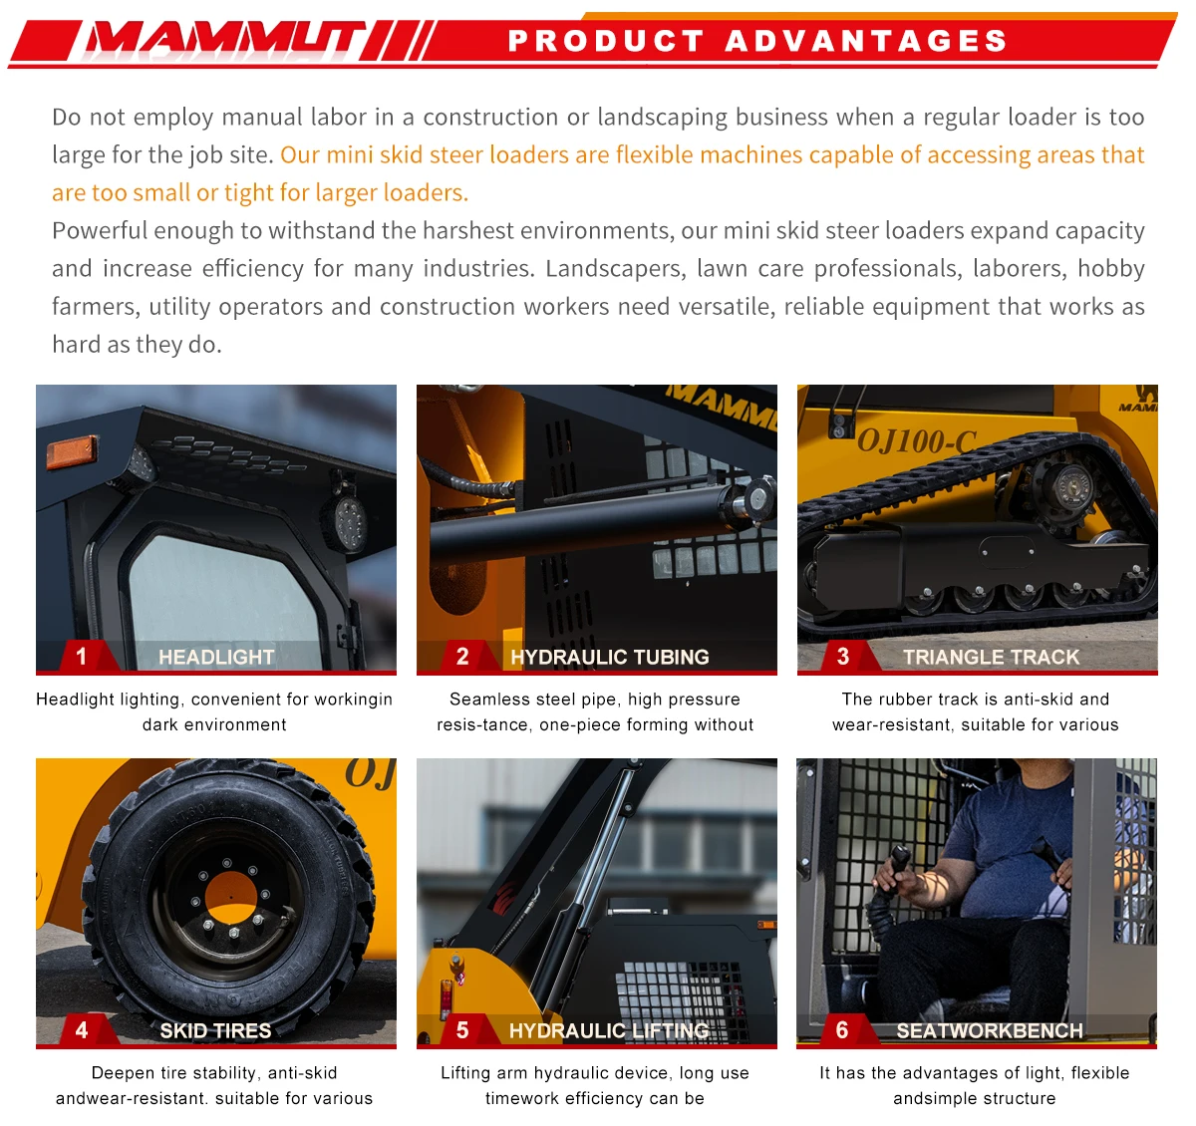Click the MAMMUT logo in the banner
pyautogui.click(x=224, y=40)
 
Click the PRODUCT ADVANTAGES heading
pyautogui.click(x=757, y=41)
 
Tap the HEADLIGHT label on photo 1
pyautogui.click(x=216, y=657)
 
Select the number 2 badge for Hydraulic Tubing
pyautogui.click(x=462, y=656)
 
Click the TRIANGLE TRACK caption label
pyautogui.click(x=991, y=657)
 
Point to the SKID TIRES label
pyautogui.click(x=215, y=1030)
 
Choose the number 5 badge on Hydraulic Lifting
pyautogui.click(x=462, y=1029)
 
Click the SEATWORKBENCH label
pyautogui.click(x=989, y=1030)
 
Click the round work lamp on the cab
pyautogui.click(x=347, y=518)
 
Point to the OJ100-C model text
pyautogui.click(x=916, y=440)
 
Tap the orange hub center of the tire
pyautogui.click(x=231, y=893)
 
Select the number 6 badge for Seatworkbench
pyautogui.click(x=842, y=1029)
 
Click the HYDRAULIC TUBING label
pyautogui.click(x=609, y=657)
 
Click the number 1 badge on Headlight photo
pyautogui.click(x=82, y=656)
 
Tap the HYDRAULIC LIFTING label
pyautogui.click(x=609, y=1030)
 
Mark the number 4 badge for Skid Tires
pyautogui.click(x=82, y=1029)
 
